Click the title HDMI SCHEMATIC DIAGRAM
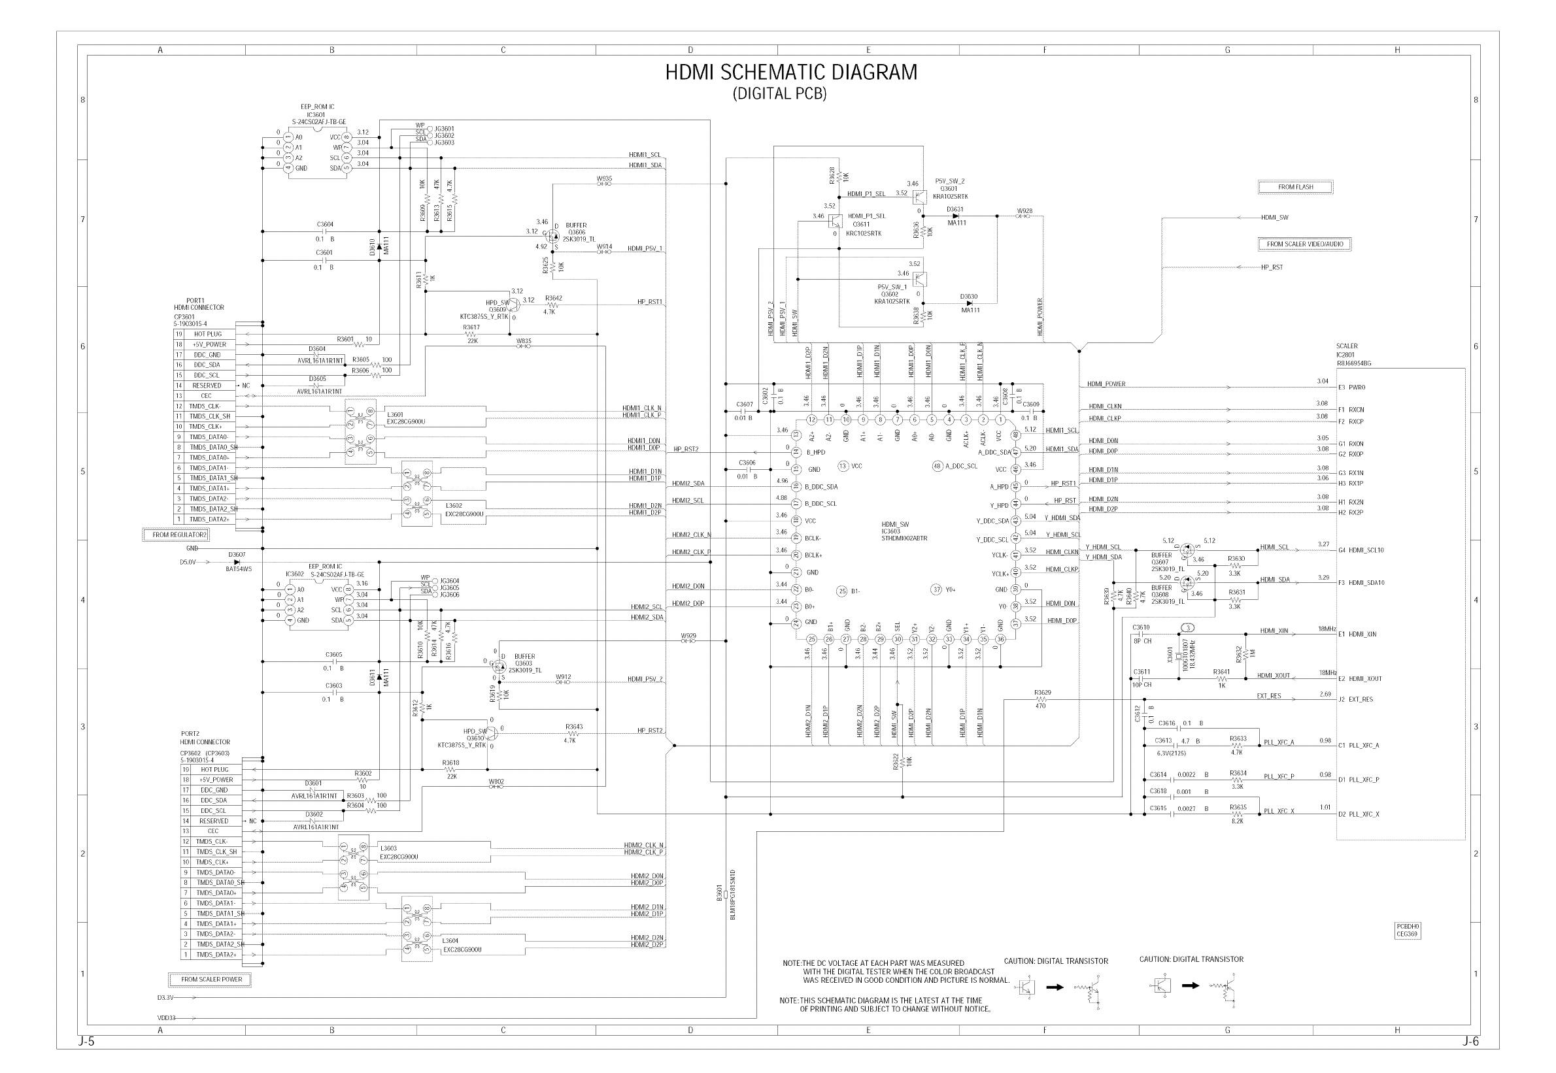pyautogui.click(x=791, y=72)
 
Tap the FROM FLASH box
pyautogui.click(x=1294, y=188)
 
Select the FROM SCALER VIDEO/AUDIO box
pyautogui.click(x=1304, y=244)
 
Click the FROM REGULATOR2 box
pyautogui.click(x=176, y=535)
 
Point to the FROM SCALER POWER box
pyautogui.click(x=211, y=980)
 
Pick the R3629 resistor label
pyautogui.click(x=1042, y=693)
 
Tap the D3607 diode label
pyautogui.click(x=237, y=555)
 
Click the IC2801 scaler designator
pyautogui.click(x=1345, y=355)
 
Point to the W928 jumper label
pyautogui.click(x=1024, y=210)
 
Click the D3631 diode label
pyautogui.click(x=955, y=209)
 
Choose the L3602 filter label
pyautogui.click(x=453, y=506)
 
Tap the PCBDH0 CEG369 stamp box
pyautogui.click(x=1408, y=931)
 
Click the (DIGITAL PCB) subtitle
pyautogui.click(x=779, y=94)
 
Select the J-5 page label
pyautogui.click(x=86, y=1043)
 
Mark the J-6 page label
pyautogui.click(x=1470, y=1043)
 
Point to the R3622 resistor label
pyautogui.click(x=896, y=761)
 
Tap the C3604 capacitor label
pyautogui.click(x=325, y=225)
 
